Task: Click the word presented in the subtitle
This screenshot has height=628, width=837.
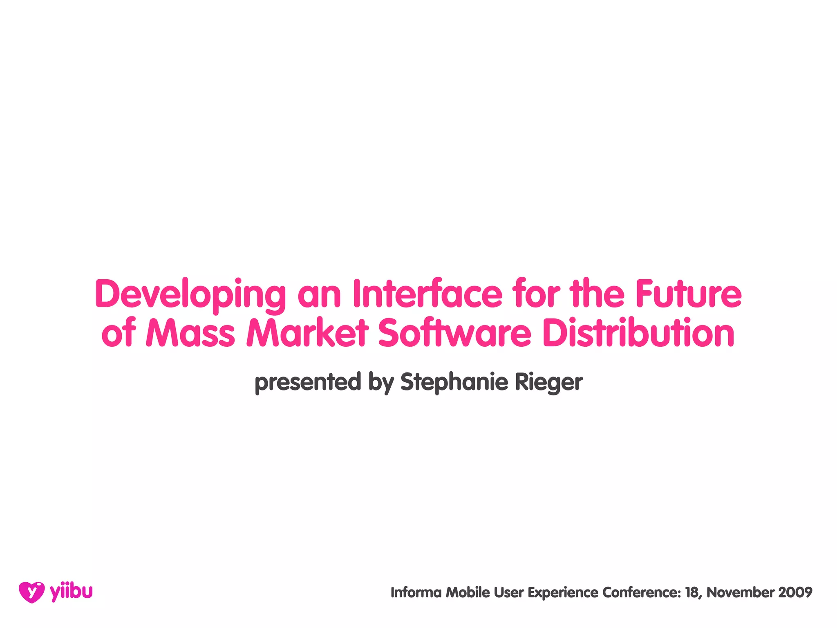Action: (x=307, y=382)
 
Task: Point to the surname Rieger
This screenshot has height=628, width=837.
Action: (x=548, y=382)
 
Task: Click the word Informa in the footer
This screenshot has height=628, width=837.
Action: (x=416, y=592)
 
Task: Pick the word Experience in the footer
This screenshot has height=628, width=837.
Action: (x=563, y=592)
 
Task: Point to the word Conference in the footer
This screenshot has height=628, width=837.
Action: (x=641, y=592)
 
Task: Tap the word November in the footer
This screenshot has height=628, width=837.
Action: (x=740, y=592)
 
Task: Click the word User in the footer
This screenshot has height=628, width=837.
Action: (x=509, y=592)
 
